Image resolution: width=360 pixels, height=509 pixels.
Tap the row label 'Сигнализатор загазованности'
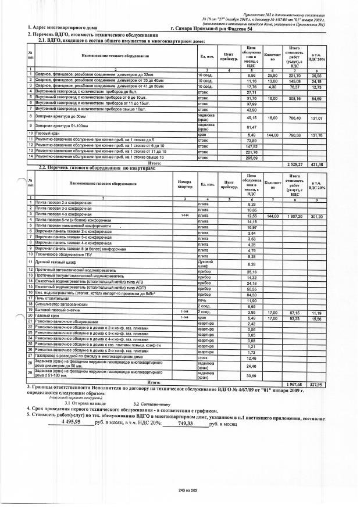pos(60,306)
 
